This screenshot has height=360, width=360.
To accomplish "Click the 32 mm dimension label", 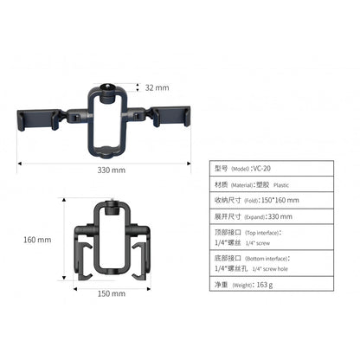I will click(x=157, y=87).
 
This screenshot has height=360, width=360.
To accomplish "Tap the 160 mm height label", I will click(x=37, y=240).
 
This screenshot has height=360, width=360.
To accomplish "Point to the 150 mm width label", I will click(x=112, y=293).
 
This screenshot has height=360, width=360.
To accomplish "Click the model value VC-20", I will click(x=261, y=167).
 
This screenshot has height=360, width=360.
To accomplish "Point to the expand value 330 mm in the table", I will click(x=280, y=216).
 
